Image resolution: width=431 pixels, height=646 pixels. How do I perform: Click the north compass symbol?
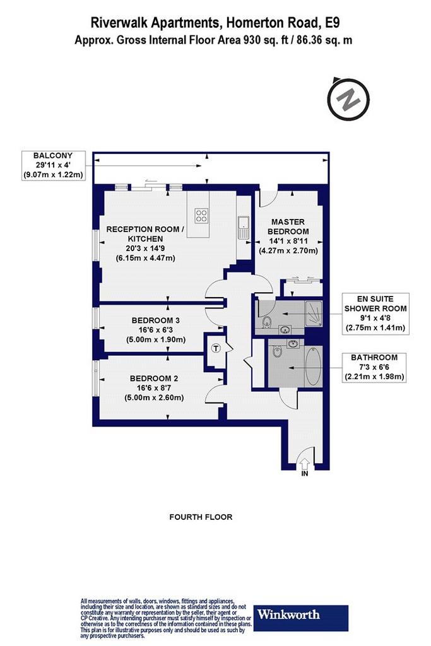pyautogui.click(x=348, y=99)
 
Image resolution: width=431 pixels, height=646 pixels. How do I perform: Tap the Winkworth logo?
pyautogui.click(x=300, y=618)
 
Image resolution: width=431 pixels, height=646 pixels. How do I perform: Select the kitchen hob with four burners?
pyautogui.click(x=201, y=216)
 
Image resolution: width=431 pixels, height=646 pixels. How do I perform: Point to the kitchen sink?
pyautogui.click(x=244, y=227)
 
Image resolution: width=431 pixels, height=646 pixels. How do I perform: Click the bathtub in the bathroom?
pyautogui.click(x=314, y=366)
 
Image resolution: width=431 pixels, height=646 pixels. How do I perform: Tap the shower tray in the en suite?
pyautogui.click(x=314, y=314)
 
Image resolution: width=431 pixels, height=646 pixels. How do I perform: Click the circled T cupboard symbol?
pyautogui.click(x=216, y=348)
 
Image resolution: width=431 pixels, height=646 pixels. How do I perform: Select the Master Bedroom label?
pyautogui.click(x=288, y=226)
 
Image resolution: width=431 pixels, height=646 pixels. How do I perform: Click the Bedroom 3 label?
pyautogui.click(x=155, y=320)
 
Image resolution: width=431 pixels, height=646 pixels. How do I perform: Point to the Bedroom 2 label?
pyautogui.click(x=154, y=379)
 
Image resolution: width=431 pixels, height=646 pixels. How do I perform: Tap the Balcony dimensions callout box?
pyautogui.click(x=53, y=165)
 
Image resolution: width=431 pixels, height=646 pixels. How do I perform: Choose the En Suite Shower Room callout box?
pyautogui.click(x=375, y=314)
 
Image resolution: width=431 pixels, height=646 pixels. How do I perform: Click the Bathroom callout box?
pyautogui.click(x=374, y=367)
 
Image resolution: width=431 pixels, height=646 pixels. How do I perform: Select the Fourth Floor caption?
pyautogui.click(x=201, y=517)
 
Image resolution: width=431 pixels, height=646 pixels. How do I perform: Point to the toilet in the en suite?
pyautogui.click(x=266, y=321)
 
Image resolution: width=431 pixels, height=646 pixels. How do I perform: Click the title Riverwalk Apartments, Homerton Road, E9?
pyautogui.click(x=215, y=23)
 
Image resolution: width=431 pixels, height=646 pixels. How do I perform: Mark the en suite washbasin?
pyautogui.click(x=285, y=329)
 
